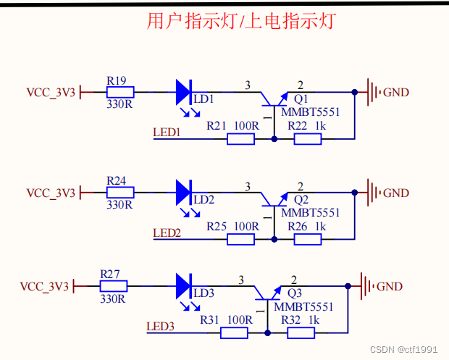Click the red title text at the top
coord(240,21)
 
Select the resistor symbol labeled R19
coord(120,92)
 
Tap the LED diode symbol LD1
coord(183,92)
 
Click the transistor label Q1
coord(301,99)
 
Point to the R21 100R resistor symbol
coord(240,138)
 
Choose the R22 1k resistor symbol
coord(307,138)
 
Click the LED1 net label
coord(167,132)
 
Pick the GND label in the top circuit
coord(395,93)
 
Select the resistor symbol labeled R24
coord(120,193)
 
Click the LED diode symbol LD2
coord(183,193)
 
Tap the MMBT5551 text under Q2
coord(310,213)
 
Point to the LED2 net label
coord(167,233)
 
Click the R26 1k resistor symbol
coord(307,239)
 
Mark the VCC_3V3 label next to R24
coord(51,193)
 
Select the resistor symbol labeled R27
coord(113,287)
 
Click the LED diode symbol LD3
coord(182,287)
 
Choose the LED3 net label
coord(160,327)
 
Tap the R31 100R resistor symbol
coord(233,333)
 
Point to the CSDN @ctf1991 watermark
coord(404,349)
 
